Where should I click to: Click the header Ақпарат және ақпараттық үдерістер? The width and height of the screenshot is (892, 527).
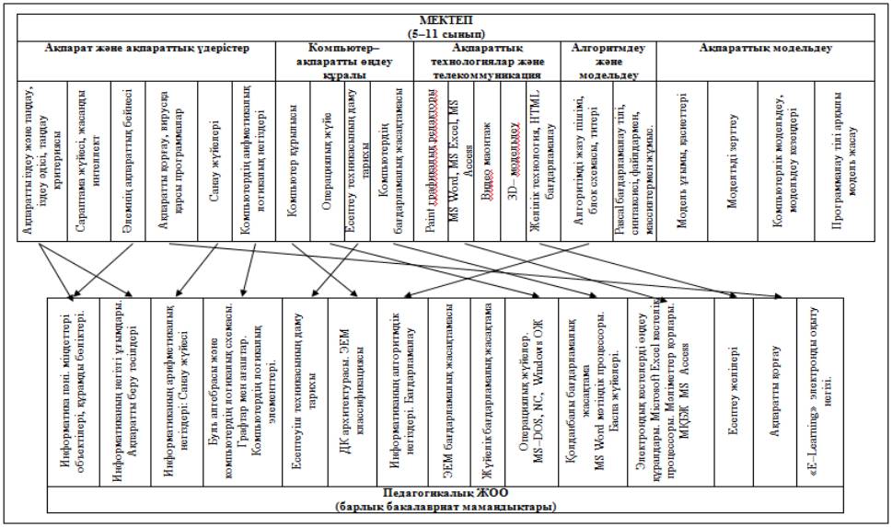pyautogui.click(x=146, y=47)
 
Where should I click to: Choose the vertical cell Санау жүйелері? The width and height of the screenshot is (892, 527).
pyautogui.click(x=214, y=161)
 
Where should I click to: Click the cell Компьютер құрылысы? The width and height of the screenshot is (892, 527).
pyautogui.click(x=294, y=161)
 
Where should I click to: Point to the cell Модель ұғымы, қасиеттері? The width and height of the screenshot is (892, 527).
pyautogui.click(x=686, y=161)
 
